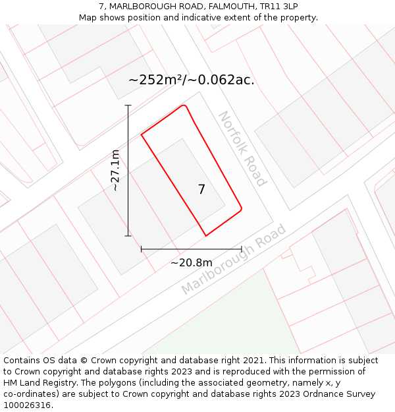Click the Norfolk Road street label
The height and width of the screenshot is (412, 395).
click(x=242, y=148)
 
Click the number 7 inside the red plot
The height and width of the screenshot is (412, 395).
click(x=201, y=190)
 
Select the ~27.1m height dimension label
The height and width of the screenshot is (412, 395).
click(x=115, y=170)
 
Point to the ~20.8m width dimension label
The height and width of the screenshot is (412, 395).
click(x=192, y=263)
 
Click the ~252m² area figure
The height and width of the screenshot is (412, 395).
click(x=155, y=80)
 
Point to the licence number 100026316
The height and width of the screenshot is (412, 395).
click(x=27, y=405)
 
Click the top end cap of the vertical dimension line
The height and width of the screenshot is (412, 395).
click(x=128, y=105)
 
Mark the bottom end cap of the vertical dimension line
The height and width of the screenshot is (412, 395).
click(x=128, y=235)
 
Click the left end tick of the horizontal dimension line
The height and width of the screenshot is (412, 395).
click(x=142, y=249)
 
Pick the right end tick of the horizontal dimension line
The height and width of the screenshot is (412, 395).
click(x=242, y=249)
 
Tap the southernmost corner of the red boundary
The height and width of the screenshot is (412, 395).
click(x=206, y=235)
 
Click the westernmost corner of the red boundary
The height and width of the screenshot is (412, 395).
click(x=142, y=135)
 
